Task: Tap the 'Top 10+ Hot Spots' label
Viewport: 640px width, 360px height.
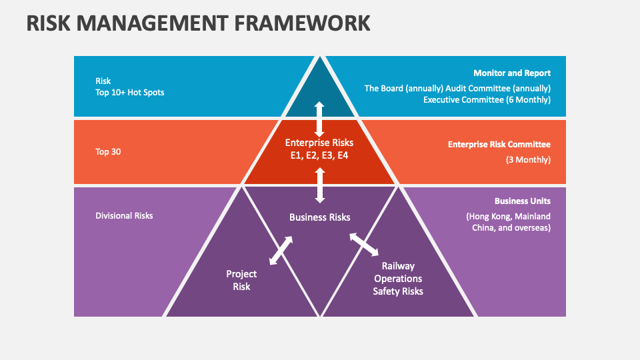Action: point(129,92)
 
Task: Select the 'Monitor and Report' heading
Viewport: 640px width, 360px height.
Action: point(512,73)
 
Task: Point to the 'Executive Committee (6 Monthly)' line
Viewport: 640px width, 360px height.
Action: point(487,100)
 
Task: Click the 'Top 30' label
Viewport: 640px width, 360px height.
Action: point(108,151)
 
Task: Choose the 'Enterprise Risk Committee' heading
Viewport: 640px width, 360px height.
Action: point(499,144)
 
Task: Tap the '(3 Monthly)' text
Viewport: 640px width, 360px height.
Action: point(529,159)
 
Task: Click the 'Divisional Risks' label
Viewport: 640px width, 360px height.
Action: point(124,215)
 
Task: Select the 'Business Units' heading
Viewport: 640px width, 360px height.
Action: point(523,201)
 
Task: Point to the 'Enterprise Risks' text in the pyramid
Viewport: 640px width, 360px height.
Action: point(319,143)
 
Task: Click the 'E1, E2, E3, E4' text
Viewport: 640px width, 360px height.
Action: point(319,155)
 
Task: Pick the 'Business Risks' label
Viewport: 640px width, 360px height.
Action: point(319,217)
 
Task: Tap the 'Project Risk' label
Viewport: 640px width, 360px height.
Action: point(241,280)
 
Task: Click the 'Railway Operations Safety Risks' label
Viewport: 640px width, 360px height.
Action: point(398,279)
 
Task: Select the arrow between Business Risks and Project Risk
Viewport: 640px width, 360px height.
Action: point(281,249)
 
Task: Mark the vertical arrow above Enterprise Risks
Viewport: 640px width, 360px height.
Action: point(319,119)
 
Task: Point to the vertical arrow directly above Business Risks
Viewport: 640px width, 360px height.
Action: point(320,185)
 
